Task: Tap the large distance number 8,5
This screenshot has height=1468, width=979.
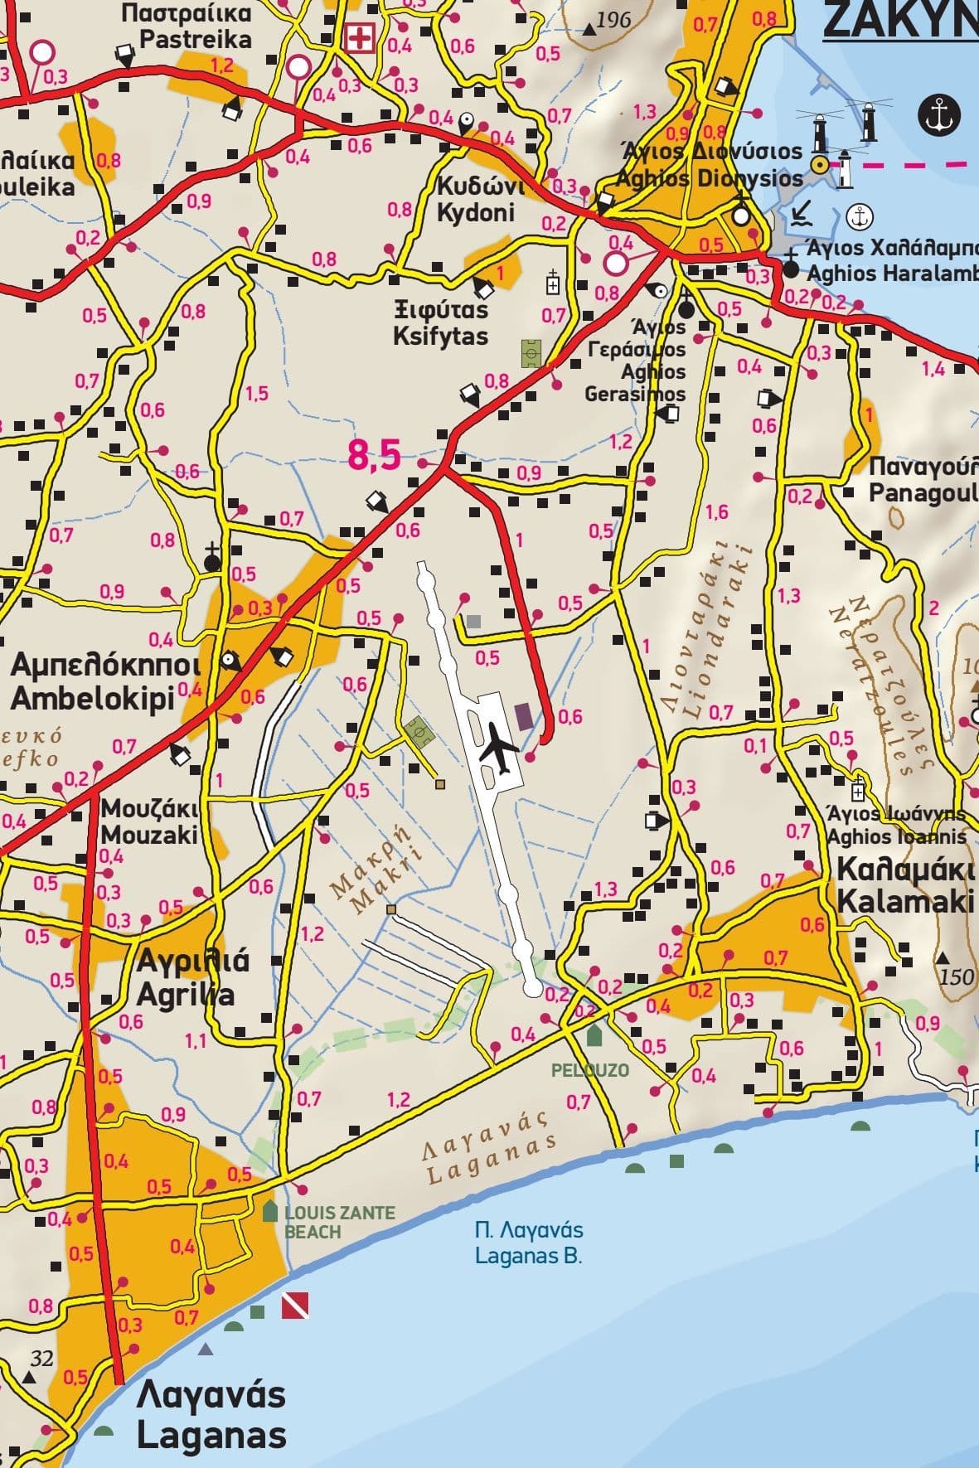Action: [x=374, y=455]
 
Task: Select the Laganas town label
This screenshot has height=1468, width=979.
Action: [x=211, y=1415]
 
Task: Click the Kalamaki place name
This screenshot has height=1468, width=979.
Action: [x=905, y=885]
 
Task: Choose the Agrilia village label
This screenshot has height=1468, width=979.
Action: [x=193, y=977]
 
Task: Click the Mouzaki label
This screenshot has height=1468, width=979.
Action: [x=150, y=821]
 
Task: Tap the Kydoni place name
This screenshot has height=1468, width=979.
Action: [x=476, y=199]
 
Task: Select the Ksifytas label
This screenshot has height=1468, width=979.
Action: [x=441, y=324]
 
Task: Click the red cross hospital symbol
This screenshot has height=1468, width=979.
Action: [x=359, y=38]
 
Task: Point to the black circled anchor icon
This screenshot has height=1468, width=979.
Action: [x=938, y=114]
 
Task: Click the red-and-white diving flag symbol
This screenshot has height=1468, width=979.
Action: [x=295, y=1305]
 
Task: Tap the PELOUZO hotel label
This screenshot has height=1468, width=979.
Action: [x=590, y=1070]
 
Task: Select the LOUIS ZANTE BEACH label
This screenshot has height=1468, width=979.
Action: [x=339, y=1222]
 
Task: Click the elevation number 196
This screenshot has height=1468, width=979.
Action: [x=613, y=20]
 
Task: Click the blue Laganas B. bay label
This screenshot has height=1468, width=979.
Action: [x=529, y=1243]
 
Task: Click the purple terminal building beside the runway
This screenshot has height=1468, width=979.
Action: [x=524, y=715]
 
